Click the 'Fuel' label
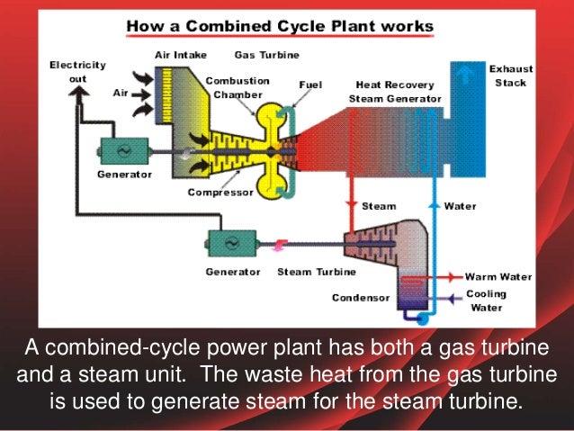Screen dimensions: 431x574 (x=311, y=85)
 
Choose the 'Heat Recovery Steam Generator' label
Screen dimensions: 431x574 (x=399, y=91)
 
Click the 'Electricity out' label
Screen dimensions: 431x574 (x=77, y=71)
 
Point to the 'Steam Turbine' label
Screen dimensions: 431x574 (x=317, y=271)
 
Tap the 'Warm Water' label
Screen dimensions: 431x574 (x=498, y=276)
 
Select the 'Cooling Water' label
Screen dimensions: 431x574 (x=487, y=301)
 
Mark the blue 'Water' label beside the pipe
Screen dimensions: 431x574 (x=460, y=206)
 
